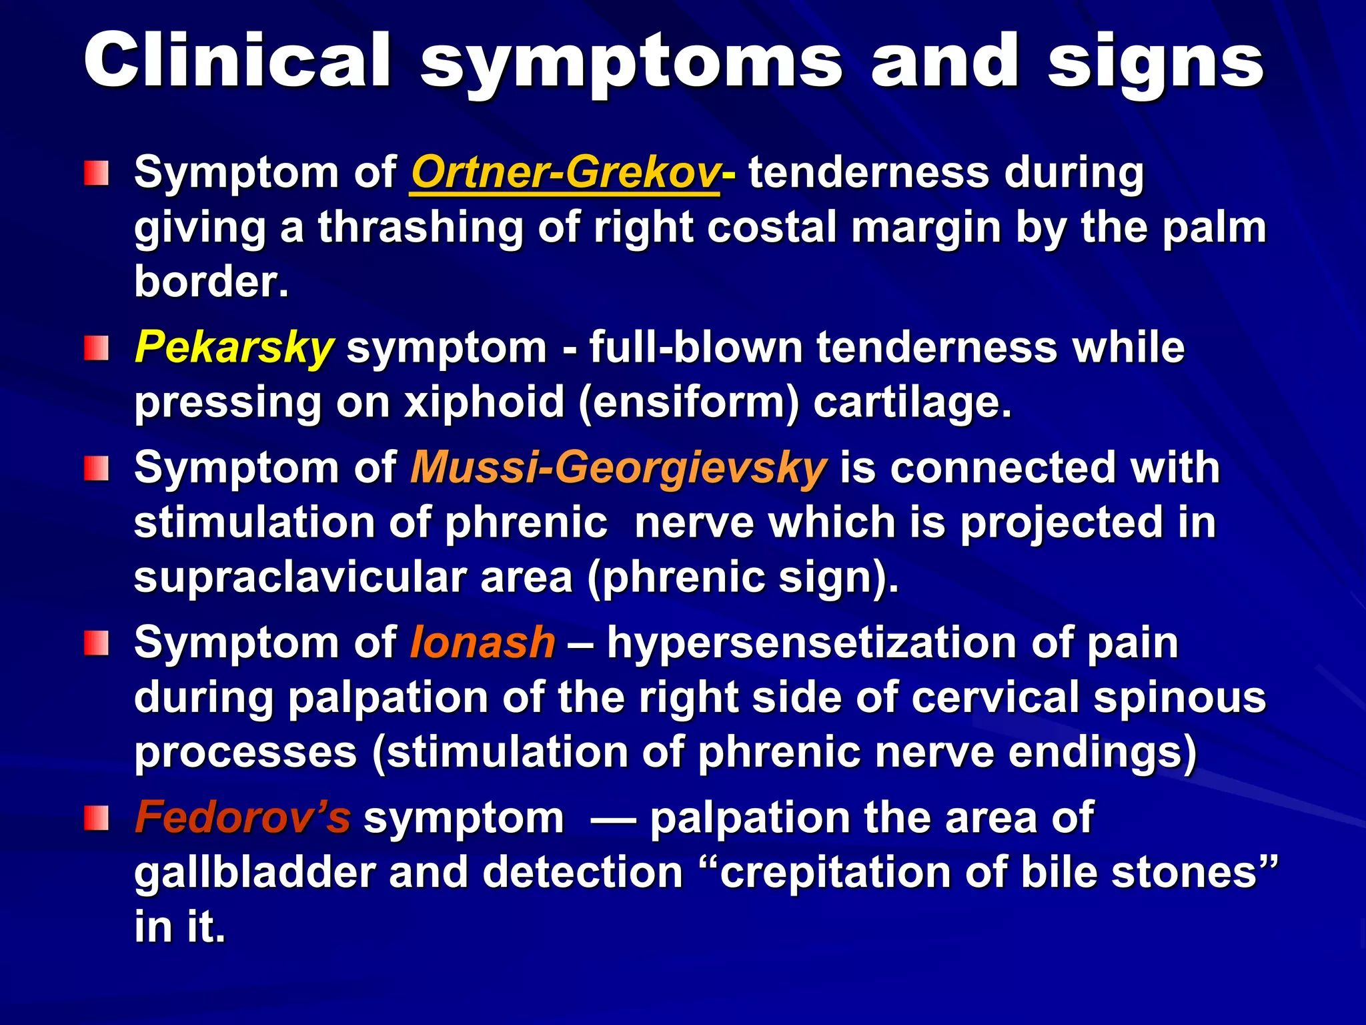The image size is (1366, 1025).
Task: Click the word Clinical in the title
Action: click(x=237, y=61)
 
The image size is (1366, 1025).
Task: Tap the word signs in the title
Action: click(x=1155, y=61)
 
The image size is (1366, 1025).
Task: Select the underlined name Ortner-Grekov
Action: click(x=565, y=172)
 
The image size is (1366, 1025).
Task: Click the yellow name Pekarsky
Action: click(x=233, y=348)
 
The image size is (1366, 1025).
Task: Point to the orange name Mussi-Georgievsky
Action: click(x=618, y=467)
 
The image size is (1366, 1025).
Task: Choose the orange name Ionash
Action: click(x=482, y=643)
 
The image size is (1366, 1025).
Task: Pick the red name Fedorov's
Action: click(x=242, y=817)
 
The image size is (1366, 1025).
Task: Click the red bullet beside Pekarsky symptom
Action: click(x=96, y=348)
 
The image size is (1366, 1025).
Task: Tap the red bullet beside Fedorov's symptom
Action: click(x=96, y=818)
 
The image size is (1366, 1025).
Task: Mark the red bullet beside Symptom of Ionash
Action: click(x=96, y=643)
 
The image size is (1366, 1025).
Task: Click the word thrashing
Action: click(x=420, y=228)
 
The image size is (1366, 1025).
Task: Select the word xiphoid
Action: click(x=485, y=402)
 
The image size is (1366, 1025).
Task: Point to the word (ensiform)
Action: click(x=688, y=402)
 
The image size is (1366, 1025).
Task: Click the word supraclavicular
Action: click(x=300, y=577)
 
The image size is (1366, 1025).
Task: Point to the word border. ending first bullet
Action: click(x=211, y=282)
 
